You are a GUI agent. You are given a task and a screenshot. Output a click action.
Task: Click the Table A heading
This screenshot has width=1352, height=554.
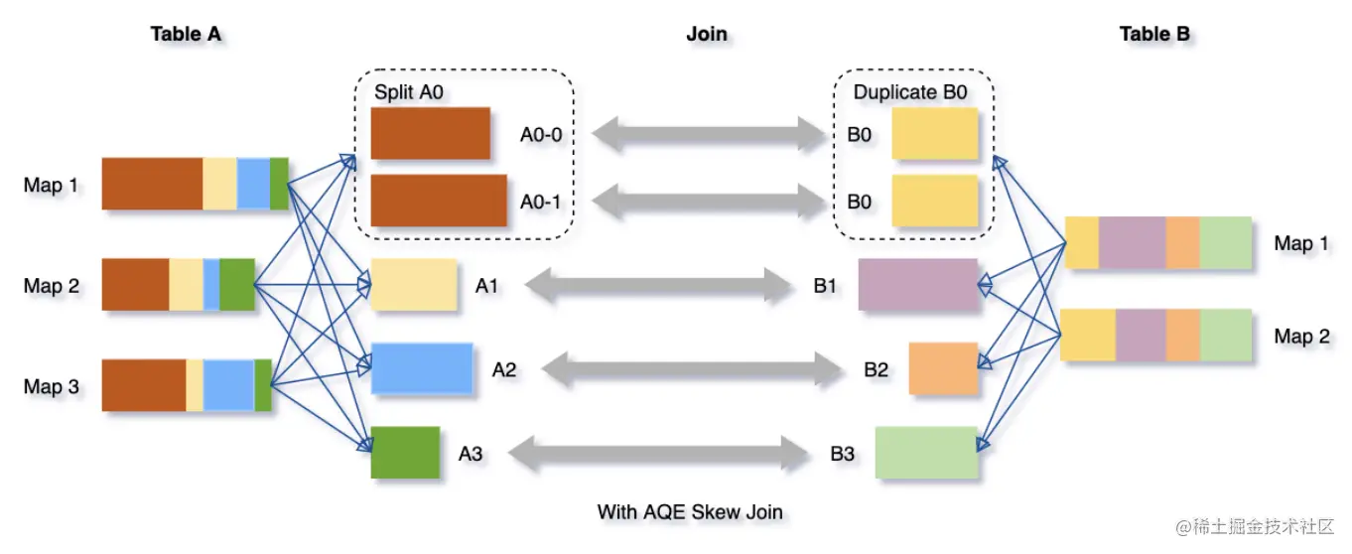tap(186, 34)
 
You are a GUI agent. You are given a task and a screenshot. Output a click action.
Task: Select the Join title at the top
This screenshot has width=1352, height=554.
tap(707, 34)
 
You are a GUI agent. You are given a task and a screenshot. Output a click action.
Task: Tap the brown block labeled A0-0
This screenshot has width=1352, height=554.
tap(430, 133)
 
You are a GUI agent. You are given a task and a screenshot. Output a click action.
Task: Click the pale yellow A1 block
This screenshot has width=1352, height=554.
tap(413, 285)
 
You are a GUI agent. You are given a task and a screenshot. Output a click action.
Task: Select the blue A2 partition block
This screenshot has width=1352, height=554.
tap(421, 368)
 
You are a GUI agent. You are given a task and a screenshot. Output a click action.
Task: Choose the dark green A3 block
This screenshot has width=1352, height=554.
tap(405, 453)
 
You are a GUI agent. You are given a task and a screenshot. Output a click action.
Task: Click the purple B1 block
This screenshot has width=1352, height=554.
tap(918, 285)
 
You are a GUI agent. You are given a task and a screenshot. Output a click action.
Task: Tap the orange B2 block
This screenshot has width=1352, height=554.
tap(943, 368)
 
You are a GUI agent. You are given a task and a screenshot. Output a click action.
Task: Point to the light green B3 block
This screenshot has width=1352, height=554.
tap(927, 453)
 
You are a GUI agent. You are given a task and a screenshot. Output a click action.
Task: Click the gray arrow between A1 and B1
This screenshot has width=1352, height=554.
tap(657, 286)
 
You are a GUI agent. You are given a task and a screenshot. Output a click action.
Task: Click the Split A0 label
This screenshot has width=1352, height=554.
tap(408, 91)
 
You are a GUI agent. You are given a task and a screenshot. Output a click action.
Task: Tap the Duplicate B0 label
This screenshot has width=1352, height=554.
tap(910, 91)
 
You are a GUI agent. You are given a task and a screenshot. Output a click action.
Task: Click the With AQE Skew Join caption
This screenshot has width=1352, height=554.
tap(690, 512)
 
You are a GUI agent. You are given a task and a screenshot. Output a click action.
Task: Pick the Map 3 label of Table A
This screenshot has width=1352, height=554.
tap(52, 386)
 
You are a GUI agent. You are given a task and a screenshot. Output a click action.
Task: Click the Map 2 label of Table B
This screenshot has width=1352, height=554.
tap(1301, 337)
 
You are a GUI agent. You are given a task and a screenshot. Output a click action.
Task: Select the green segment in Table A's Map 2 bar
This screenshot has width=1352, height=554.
tap(237, 285)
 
